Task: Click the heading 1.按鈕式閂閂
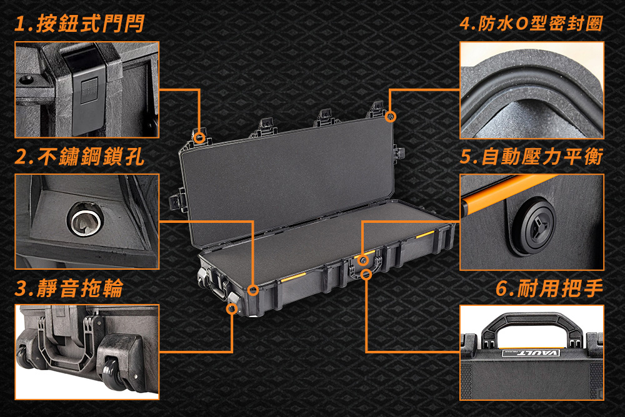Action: click(79, 24)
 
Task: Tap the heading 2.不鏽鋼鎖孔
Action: click(79, 156)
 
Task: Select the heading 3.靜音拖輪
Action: click(69, 288)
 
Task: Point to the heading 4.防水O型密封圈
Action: click(531, 24)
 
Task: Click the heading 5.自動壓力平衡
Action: click(531, 156)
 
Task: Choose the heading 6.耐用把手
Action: click(549, 288)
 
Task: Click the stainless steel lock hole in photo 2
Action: click(85, 218)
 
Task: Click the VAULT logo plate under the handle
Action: click(531, 353)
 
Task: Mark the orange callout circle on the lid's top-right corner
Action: click(390, 116)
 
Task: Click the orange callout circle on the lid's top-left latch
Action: click(200, 138)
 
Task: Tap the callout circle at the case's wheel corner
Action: click(232, 309)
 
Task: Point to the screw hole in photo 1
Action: click(27, 79)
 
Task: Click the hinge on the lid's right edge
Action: click(399, 154)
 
